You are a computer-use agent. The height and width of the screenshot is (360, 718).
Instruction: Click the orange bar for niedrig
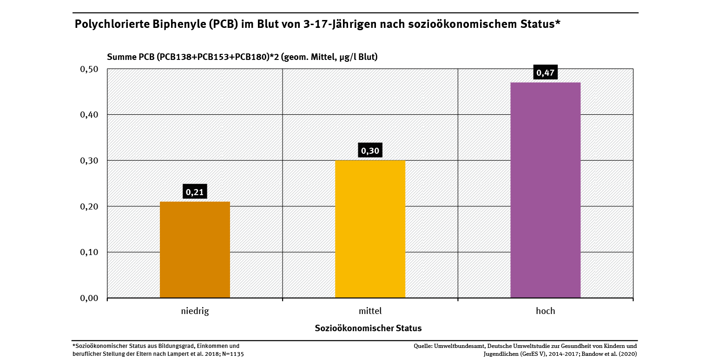(195, 249)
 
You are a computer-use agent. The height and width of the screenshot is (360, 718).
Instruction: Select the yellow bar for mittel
(370, 229)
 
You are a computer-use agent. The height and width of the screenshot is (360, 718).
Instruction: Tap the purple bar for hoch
(545, 190)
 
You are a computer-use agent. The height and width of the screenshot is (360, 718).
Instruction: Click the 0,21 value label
(195, 192)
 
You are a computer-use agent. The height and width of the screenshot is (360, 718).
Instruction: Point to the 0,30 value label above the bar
(370, 151)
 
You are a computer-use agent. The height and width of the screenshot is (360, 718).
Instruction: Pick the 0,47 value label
(545, 73)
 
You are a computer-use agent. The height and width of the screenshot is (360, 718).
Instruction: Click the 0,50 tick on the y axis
(90, 69)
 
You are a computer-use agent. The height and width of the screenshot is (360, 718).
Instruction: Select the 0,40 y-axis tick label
(90, 115)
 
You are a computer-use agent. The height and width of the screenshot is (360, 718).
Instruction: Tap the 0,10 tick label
(90, 252)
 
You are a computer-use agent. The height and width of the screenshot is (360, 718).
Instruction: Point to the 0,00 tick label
(90, 298)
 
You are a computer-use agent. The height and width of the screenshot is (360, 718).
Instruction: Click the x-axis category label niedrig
(195, 311)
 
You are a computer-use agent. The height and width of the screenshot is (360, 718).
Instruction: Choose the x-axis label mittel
(370, 311)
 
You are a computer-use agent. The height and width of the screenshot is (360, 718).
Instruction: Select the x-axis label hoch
(545, 311)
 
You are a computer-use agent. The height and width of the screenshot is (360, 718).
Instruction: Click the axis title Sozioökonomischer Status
(368, 328)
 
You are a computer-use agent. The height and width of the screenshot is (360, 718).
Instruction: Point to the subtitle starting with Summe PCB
(242, 57)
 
